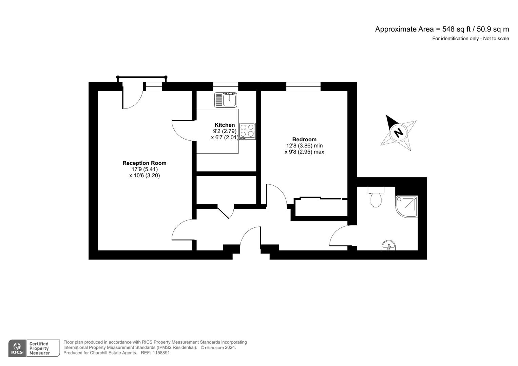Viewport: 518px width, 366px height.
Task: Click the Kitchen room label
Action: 225,125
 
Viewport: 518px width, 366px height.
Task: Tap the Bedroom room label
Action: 304,139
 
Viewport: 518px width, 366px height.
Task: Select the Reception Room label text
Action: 145,163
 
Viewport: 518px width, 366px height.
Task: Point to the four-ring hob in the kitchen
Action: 247,131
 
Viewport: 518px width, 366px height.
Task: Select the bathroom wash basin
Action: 389,245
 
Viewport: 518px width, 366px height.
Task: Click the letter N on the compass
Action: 399,132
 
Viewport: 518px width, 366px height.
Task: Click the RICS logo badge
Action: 17,348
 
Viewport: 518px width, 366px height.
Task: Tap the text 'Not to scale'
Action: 496,39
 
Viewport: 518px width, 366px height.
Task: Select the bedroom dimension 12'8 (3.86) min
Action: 304,146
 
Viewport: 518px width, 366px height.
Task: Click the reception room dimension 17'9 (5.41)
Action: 145,169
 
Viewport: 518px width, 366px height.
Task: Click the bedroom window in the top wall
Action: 303,87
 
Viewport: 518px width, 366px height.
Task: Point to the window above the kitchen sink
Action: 226,87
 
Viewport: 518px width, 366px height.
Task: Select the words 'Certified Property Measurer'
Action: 39,348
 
